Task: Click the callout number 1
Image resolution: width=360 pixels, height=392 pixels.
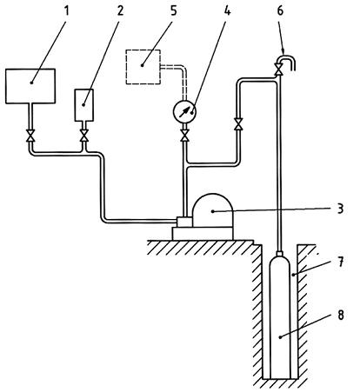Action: (67, 11)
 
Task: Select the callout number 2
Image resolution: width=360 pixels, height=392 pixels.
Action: (120, 11)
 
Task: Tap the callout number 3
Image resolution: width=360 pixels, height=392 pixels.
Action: (340, 209)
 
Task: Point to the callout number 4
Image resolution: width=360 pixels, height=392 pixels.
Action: (227, 11)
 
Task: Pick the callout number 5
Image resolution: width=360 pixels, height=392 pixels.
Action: (173, 11)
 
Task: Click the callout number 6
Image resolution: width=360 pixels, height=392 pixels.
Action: (280, 11)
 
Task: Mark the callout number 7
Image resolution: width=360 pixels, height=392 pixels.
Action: (340, 262)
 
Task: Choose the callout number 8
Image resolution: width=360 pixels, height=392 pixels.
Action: (340, 315)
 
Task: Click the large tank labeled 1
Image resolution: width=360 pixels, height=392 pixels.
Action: (30, 86)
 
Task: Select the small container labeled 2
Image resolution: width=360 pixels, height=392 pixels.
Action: (84, 105)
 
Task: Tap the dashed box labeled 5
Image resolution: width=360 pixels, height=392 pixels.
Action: (143, 67)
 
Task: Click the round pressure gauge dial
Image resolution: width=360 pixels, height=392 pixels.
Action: (184, 111)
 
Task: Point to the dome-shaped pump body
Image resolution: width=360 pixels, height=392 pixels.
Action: (212, 210)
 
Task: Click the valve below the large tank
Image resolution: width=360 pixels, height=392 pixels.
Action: (30, 136)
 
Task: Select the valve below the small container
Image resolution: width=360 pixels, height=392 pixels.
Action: (84, 136)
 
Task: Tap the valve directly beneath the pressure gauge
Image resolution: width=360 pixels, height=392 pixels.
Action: (184, 136)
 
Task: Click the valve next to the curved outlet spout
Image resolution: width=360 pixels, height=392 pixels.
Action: (279, 70)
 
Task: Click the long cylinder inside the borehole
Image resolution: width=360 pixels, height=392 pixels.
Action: (280, 317)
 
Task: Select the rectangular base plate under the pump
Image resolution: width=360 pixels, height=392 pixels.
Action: (203, 234)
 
